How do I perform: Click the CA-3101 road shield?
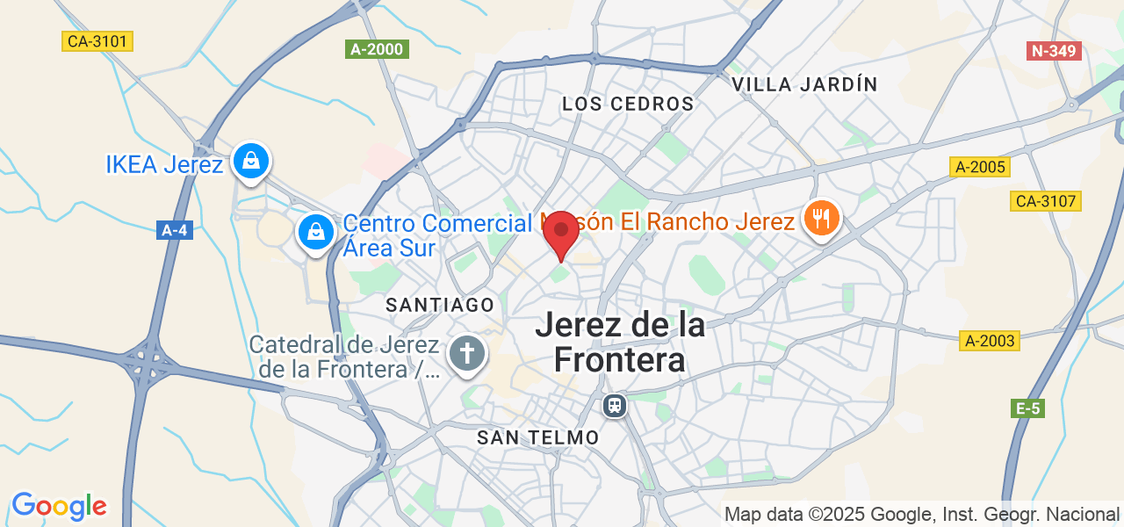point(98,41)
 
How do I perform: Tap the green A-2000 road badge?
point(377,49)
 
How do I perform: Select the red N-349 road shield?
point(1054,51)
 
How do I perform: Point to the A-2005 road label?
point(980,167)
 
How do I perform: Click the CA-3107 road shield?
point(1046,201)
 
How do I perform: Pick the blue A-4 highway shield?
point(175,230)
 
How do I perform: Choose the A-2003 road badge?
point(990,341)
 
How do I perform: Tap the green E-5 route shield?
point(1028,408)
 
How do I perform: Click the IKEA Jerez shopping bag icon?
point(251,161)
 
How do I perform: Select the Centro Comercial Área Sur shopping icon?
point(314,232)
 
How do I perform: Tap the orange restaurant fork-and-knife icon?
point(821,219)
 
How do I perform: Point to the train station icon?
point(614,406)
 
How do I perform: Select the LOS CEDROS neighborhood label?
point(628,105)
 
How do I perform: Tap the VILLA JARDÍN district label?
point(804,84)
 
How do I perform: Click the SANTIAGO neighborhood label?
point(440,305)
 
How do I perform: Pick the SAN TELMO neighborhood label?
point(537,437)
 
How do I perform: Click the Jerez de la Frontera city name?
point(620,343)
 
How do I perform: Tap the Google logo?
point(59,506)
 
